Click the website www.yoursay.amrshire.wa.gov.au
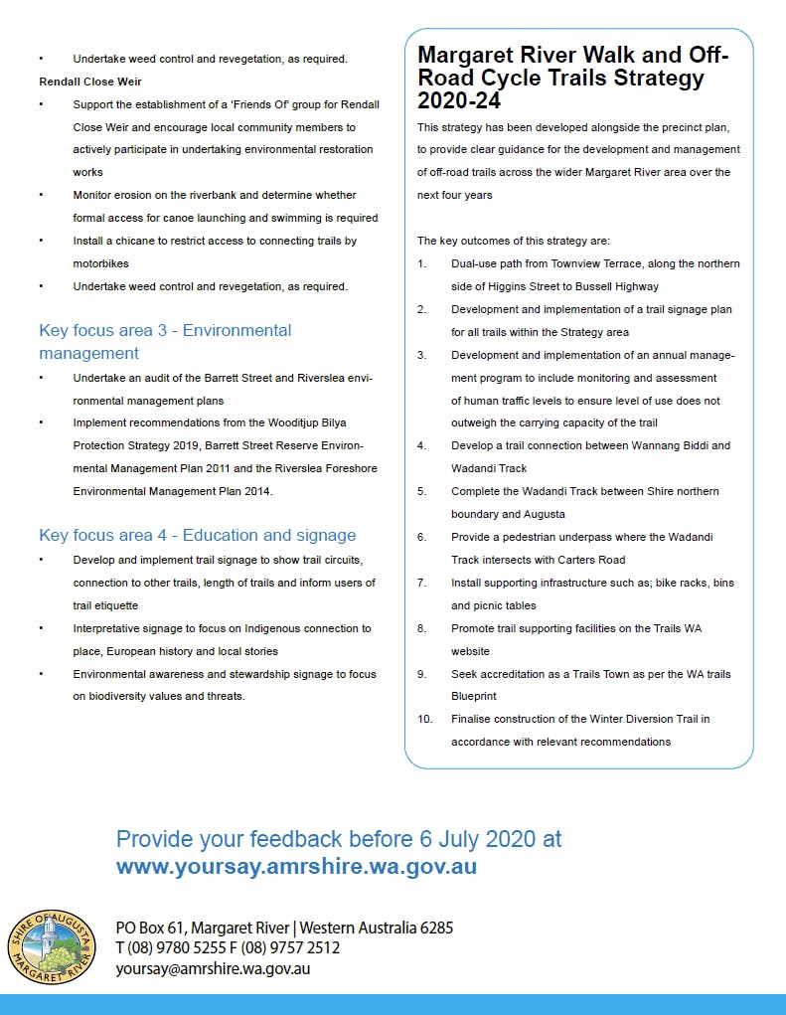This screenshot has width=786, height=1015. [x=296, y=866]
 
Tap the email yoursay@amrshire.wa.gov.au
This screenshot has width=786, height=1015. [x=213, y=968]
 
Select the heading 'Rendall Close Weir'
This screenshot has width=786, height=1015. [x=90, y=82]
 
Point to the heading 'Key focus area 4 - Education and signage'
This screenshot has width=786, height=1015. [x=197, y=535]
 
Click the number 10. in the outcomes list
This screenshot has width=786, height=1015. [x=425, y=719]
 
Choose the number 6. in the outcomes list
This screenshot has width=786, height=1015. [x=422, y=537]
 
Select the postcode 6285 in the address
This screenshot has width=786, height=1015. [x=433, y=928]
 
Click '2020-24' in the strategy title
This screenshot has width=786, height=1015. [x=459, y=100]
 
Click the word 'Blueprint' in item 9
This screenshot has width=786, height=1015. [x=475, y=697]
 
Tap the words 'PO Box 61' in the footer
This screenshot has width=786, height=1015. [x=146, y=928]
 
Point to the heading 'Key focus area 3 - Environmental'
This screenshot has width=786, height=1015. [x=165, y=330]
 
